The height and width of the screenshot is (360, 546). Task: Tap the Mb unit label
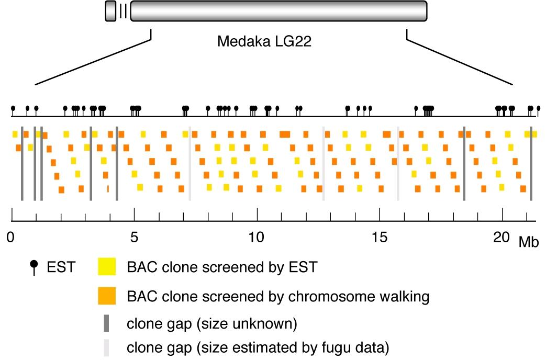pyautogui.click(x=529, y=241)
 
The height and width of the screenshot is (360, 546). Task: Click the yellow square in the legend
pyautogui.click(x=107, y=268)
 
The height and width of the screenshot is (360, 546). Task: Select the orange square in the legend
pyautogui.click(x=107, y=296)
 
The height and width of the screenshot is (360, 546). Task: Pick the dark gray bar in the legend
pyautogui.click(x=106, y=323)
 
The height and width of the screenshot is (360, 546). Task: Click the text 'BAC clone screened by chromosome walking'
pyautogui.click(x=278, y=297)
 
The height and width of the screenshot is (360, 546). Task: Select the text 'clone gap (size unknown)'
pyautogui.click(x=212, y=324)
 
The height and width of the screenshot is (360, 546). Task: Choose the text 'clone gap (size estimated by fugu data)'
pyautogui.click(x=258, y=347)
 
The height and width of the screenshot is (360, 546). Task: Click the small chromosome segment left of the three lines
pyautogui.click(x=110, y=11)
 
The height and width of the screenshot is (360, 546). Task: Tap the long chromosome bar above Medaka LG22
pyautogui.click(x=278, y=11)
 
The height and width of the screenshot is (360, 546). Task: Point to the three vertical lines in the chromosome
pyautogui.click(x=123, y=11)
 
